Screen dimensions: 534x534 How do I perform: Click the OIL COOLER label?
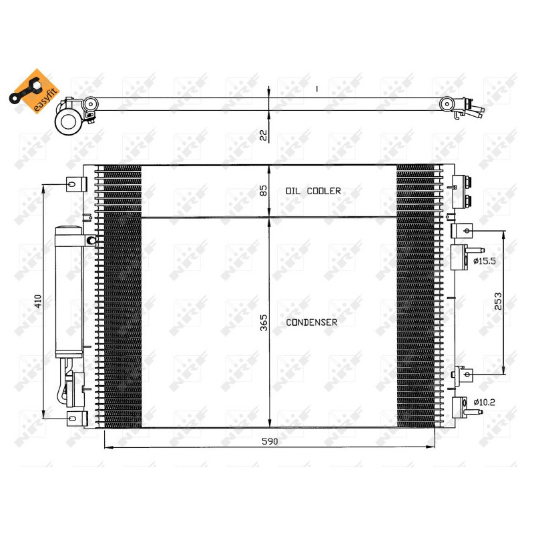point(313,191)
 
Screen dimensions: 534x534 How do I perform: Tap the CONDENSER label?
point(312,322)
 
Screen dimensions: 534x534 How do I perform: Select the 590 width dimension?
point(269,441)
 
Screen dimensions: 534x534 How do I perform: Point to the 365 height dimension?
point(263,324)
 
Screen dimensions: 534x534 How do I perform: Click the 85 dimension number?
point(263,191)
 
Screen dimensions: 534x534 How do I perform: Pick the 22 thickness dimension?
point(263,135)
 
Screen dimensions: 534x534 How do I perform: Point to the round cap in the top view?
point(67,121)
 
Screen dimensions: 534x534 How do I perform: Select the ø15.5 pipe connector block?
point(460,256)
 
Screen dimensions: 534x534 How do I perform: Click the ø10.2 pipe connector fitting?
point(462,407)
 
